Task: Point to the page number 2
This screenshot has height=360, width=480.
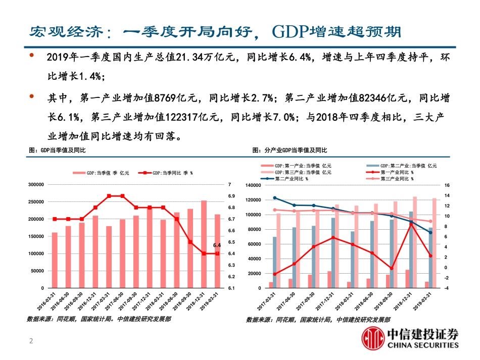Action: click(31, 342)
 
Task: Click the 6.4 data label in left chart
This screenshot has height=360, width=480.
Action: click(217, 245)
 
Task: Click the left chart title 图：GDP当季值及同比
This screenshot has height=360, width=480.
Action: click(57, 150)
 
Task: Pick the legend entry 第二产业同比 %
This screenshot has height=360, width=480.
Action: click(293, 178)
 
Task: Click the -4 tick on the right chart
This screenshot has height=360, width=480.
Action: click(447, 288)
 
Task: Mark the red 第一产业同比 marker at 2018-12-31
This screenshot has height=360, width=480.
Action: click(411, 224)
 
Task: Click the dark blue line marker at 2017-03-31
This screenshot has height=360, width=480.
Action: click(274, 198)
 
